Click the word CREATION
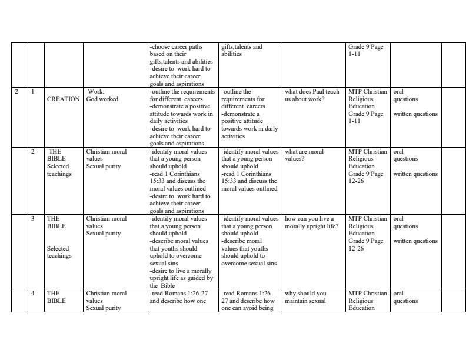pos(63,99)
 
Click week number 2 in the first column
pos(16,92)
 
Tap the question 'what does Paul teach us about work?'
pos(312,95)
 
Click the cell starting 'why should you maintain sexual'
pos(305,297)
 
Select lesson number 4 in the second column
pos(33,293)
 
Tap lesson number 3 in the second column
pos(33,219)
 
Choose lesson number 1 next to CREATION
pos(33,92)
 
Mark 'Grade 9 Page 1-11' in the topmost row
pos(365,50)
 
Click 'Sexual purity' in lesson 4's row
pos(104,308)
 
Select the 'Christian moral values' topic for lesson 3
pos(106,222)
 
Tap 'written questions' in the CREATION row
pos(415,114)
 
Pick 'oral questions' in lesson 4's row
pos(405,297)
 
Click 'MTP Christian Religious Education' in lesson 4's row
pos(368,301)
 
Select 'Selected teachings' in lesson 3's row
pos(59,252)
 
